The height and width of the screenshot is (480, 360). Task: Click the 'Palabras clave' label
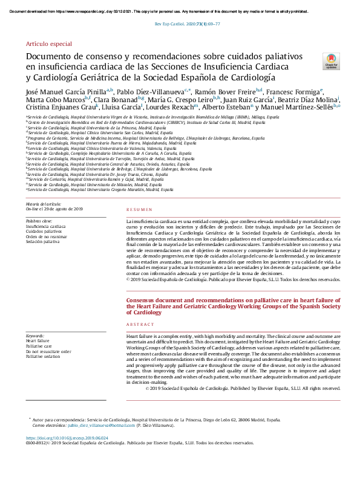pyautogui.click(x=39, y=221)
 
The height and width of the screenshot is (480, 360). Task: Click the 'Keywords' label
pyautogui.click(x=35, y=336)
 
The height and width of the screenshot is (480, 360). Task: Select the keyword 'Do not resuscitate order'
pyautogui.click(x=48, y=351)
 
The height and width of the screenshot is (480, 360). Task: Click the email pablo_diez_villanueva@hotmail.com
pyautogui.click(x=105, y=426)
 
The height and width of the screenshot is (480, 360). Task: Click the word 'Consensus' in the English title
pyautogui.click(x=143, y=300)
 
